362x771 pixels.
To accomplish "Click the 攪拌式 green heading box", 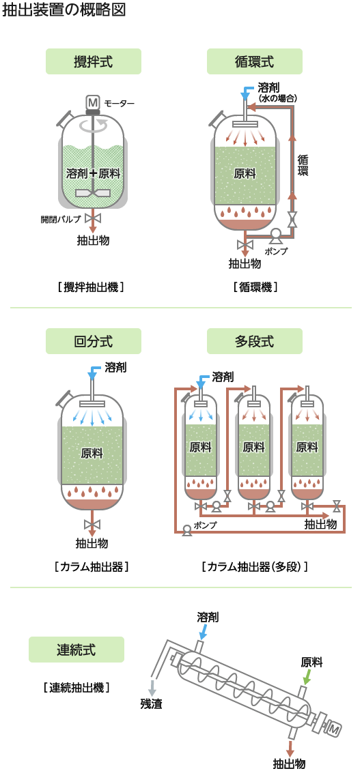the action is point(94,61).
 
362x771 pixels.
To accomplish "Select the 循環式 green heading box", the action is point(255,61).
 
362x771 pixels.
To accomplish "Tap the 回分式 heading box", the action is point(94,341).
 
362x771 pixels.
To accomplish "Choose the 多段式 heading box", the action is point(255,341).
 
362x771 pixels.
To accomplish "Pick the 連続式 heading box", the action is point(76,650).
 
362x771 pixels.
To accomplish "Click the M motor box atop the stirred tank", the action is point(93,102).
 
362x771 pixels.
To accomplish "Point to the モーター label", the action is point(120,103).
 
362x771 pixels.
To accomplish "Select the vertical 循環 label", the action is point(303,165).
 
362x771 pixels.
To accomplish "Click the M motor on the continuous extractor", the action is point(333,729).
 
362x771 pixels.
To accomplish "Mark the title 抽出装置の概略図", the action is point(64,10).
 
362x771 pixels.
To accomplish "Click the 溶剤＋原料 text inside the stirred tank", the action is point(93,173).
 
